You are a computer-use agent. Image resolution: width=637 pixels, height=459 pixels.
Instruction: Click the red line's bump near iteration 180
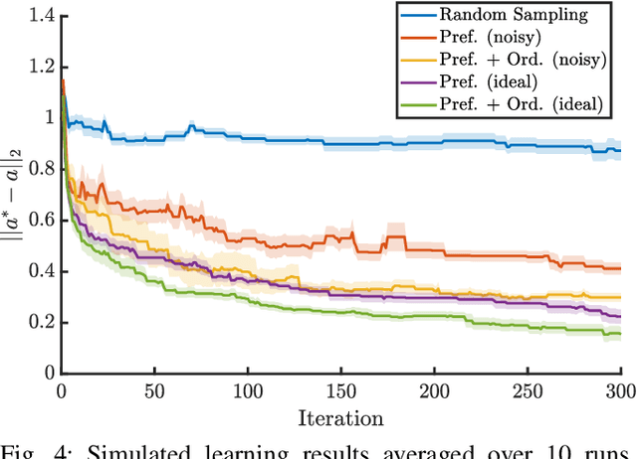coord(397,237)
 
